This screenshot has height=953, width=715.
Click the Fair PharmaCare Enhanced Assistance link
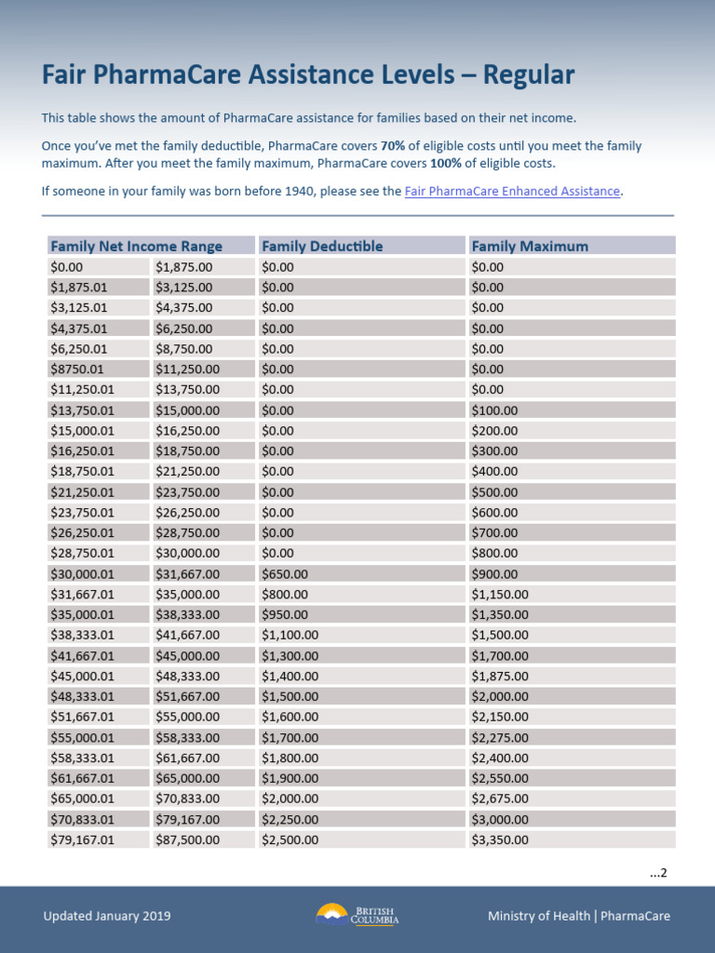coord(512,191)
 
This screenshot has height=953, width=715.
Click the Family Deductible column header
coord(322,246)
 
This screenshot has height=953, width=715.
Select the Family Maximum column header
coord(530,246)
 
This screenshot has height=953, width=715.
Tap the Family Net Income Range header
coord(136,246)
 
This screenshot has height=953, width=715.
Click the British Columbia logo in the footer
coord(357,915)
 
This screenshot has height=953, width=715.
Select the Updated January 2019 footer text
coord(107,916)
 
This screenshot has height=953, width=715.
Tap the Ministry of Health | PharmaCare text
coord(578,916)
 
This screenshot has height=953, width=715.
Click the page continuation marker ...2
coord(658,872)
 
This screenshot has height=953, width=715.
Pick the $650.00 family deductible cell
coord(285,574)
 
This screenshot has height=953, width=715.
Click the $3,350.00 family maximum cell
coord(500,839)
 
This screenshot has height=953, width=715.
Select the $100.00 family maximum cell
coord(494,410)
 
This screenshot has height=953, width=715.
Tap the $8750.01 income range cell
coord(77,369)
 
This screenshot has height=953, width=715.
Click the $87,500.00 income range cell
coord(187,839)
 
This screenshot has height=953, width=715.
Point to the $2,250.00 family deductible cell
coord(290,819)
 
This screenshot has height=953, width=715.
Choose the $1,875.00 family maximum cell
coord(500,676)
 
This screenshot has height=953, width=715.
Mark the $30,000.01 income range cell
coord(82,574)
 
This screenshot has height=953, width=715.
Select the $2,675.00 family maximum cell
coord(500,799)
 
